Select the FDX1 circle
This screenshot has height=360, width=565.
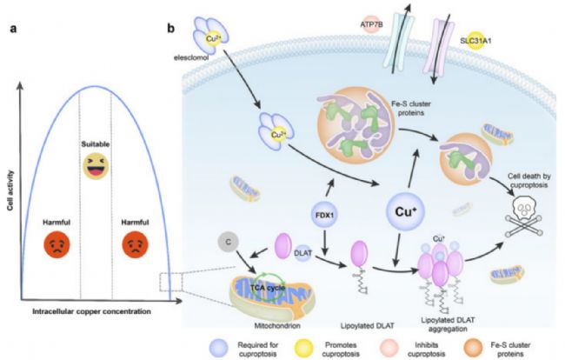[x=324, y=215]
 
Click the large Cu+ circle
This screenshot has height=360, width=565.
[x=405, y=211]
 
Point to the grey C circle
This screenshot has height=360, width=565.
[x=228, y=242]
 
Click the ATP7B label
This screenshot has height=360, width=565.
[x=371, y=24]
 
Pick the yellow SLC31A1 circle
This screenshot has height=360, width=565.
[x=475, y=41]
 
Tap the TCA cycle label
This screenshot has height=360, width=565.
[x=268, y=288]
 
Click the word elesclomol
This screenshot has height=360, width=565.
[x=191, y=57]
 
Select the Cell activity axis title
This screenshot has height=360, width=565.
[x=10, y=190]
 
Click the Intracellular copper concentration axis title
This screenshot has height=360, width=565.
[x=91, y=311]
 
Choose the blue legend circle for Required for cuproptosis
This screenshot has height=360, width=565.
[x=219, y=349]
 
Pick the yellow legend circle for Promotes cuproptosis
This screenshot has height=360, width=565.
[x=303, y=349]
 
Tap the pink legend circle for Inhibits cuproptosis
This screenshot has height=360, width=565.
[x=389, y=349]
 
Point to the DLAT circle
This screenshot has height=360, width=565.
[x=303, y=253]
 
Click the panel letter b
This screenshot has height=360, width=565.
[x=170, y=28]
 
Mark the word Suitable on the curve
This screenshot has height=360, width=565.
[x=96, y=144]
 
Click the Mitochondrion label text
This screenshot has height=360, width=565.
[x=277, y=326]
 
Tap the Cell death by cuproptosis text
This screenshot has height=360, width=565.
[x=529, y=181]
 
